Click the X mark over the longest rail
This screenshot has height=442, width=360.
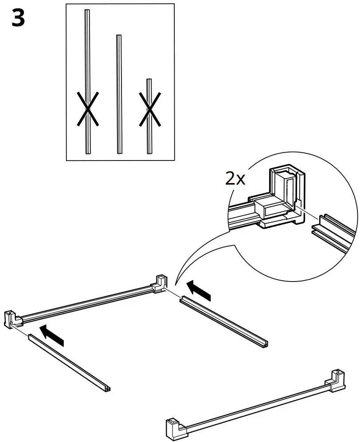pos(87,109)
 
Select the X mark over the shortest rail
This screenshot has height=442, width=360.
pos(149,109)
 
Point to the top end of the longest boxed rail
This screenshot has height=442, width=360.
pos(87,12)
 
